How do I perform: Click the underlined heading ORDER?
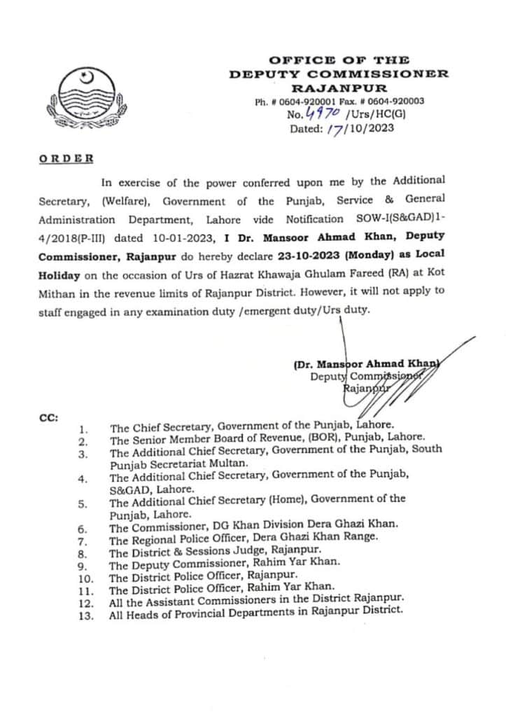[66, 158]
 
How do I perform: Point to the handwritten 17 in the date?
[336, 128]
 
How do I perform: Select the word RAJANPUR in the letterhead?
[339, 88]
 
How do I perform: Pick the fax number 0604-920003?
[398, 101]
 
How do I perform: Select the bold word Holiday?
[59, 273]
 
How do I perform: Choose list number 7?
[83, 541]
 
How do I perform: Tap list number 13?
[85, 615]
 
